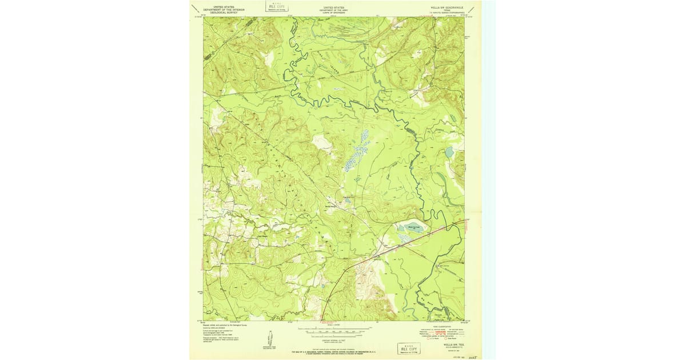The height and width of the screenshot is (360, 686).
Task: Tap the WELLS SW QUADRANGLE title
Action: tap(442, 8)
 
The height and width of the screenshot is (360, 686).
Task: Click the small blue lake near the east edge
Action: tap(449, 152)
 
